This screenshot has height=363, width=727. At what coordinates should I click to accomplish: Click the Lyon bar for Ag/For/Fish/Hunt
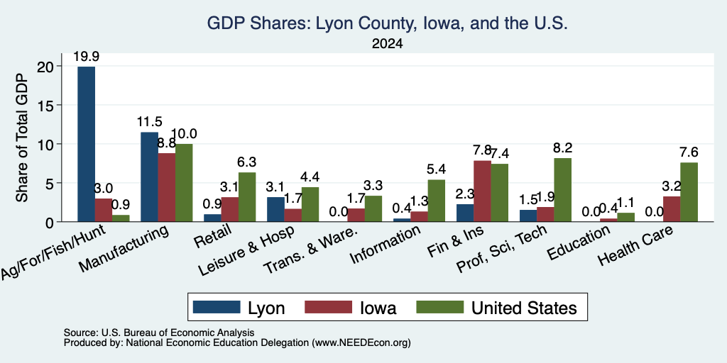86,144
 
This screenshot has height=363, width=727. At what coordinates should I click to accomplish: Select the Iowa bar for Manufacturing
166,187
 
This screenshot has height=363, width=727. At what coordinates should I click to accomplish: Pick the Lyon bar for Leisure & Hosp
276,209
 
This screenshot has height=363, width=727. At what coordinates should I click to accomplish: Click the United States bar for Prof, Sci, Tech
562,190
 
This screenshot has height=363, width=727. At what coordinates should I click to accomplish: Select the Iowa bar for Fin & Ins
482,191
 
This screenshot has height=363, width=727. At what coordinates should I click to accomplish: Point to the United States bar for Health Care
689,192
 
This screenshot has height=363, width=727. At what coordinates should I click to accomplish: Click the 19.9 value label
86,57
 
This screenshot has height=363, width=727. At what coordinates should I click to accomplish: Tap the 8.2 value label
563,147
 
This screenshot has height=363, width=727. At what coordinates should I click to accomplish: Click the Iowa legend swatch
328,307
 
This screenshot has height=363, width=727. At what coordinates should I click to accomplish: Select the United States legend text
525,308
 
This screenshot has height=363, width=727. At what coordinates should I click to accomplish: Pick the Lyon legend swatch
217,307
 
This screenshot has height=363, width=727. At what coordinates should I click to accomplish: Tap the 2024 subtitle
387,44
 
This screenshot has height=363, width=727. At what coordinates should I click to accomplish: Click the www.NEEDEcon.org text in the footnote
361,343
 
